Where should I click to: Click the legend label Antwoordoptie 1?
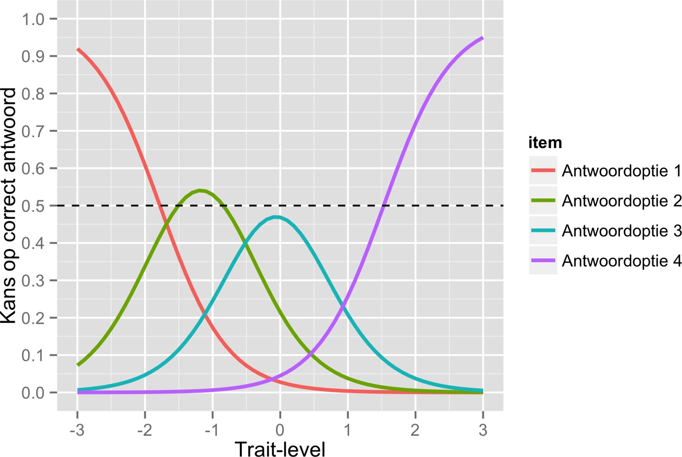tap(621, 171)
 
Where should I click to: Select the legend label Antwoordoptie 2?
tap(621, 201)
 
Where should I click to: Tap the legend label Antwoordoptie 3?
tap(621, 231)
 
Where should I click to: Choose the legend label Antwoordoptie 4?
tap(621, 261)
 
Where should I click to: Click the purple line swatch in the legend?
tap(543, 261)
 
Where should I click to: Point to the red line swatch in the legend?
tap(543, 171)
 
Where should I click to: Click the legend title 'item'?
tap(545, 143)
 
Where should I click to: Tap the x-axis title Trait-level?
tap(280, 448)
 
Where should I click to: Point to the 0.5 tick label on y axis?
tap(33, 206)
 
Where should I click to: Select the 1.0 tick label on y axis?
tap(33, 19)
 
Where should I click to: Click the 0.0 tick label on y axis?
tap(33, 393)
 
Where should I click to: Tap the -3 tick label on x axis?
tap(76, 430)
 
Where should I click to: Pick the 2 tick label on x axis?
tap(416, 430)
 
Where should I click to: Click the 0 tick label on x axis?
tap(280, 430)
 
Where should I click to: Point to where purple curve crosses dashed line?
tap(383, 206)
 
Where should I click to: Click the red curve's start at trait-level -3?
tap(78, 50)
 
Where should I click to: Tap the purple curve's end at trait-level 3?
tap(482, 38)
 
